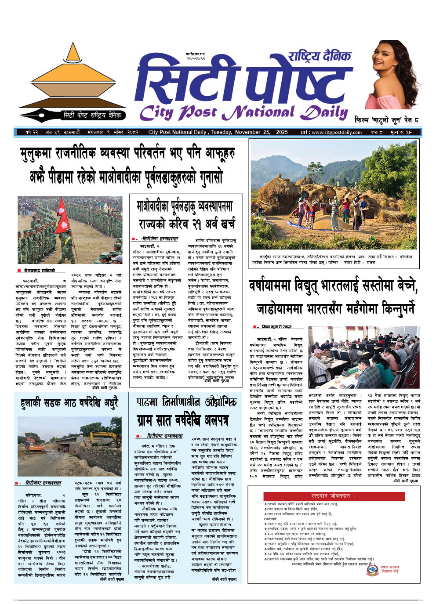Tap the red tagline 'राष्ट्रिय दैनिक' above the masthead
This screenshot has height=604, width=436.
coord(320,56)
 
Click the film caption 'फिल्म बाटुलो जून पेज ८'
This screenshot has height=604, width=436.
coord(386,119)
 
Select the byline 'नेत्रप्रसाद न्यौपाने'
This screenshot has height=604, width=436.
coord(39,271)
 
